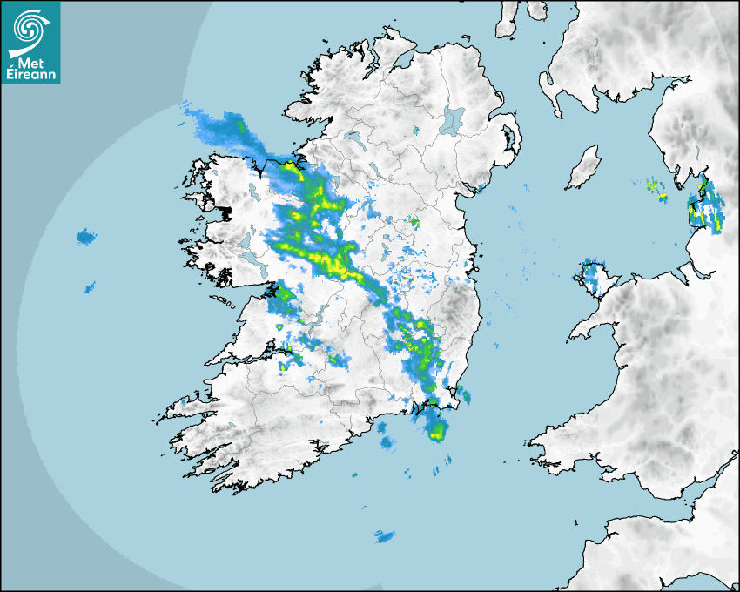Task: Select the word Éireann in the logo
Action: (x=31, y=75)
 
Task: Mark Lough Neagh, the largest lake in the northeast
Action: (x=453, y=119)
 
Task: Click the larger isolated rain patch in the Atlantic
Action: (x=85, y=236)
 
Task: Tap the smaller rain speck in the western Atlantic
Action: (x=89, y=286)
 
